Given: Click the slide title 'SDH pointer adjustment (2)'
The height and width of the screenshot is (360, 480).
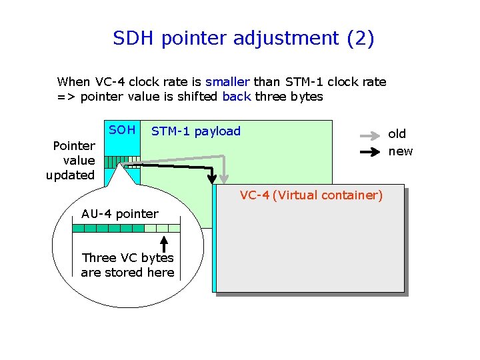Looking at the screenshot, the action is point(243,39).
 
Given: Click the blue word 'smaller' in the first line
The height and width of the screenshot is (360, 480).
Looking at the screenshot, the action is point(227,82).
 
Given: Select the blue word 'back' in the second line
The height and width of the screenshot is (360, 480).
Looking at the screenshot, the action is point(237,97).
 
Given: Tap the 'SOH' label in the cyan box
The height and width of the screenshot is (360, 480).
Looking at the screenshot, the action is point(122,130).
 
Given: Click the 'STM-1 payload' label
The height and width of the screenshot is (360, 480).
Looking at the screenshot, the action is point(196,131).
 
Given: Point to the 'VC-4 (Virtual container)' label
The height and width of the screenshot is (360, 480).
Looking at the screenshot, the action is point(311,195).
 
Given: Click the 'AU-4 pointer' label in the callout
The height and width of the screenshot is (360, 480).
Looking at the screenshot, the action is point(120,214).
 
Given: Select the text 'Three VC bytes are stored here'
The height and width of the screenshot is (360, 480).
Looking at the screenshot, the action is point(127,265).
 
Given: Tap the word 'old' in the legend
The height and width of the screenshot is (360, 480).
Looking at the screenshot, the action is point(397,134).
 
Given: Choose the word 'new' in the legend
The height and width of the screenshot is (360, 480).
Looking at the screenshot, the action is point(401,151).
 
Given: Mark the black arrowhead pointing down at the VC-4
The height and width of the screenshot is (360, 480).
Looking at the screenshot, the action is point(213,178).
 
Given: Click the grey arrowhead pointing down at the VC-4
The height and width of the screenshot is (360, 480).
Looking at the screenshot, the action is point(225,178).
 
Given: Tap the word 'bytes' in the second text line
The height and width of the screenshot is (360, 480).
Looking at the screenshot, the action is point(307,97).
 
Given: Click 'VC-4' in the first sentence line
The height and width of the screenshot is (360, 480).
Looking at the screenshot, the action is point(111,82).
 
